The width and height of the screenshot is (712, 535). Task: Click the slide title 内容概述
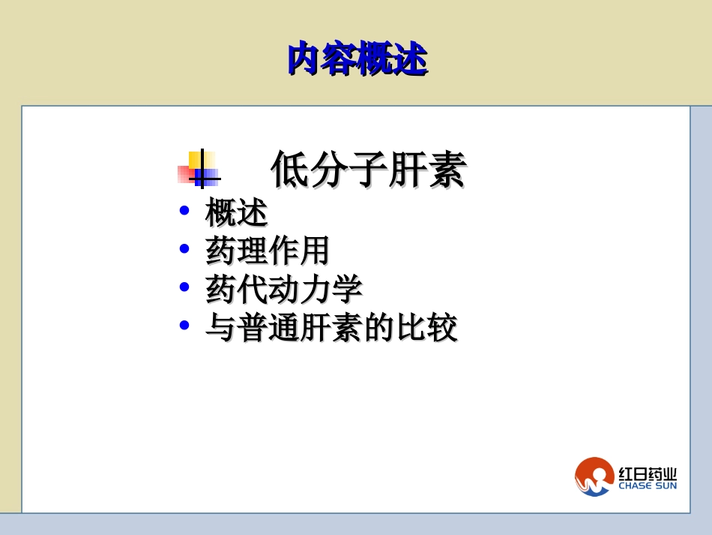click(x=357, y=59)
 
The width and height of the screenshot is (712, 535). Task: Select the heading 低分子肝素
click(x=368, y=169)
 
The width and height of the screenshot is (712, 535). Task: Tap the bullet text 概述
click(x=236, y=212)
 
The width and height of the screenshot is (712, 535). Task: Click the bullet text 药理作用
click(x=268, y=251)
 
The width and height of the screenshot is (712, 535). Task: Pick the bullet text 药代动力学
click(x=283, y=289)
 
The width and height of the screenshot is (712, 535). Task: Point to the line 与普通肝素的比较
click(x=331, y=327)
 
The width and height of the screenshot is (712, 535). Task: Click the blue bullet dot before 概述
click(x=184, y=211)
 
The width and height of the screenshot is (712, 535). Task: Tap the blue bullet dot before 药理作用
click(x=184, y=248)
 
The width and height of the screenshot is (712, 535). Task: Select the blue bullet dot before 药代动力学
click(x=184, y=287)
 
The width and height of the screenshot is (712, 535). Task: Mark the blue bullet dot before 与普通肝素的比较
click(x=184, y=325)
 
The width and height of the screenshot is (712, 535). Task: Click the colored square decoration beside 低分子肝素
click(x=199, y=169)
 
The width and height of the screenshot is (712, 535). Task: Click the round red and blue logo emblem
click(x=594, y=476)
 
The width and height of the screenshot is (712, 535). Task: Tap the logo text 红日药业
click(x=648, y=473)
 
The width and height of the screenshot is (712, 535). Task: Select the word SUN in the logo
click(x=666, y=485)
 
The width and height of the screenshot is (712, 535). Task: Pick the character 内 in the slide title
click(x=304, y=59)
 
